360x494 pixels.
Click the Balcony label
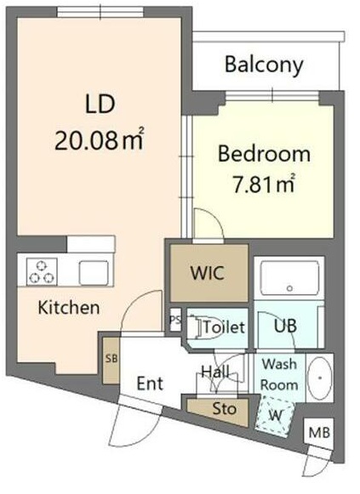coord(264,65)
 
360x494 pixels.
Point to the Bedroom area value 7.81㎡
coord(264,184)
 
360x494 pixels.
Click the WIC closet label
coord(208,273)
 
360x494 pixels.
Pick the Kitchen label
coord(69,307)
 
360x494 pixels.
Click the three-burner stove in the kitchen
coord(42,271)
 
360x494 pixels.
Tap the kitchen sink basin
coord(94,273)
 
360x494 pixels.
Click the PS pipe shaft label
coord(175,320)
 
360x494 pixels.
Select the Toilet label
coord(224,327)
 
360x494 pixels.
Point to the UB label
coord(285,326)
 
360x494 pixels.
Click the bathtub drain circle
coord(289,288)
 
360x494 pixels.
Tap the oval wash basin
coord(320,378)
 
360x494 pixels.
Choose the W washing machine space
coord(275,416)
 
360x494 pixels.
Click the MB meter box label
coord(319,433)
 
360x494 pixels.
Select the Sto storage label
coord(225,409)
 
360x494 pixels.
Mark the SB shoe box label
coord(111,358)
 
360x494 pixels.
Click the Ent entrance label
coord(150,383)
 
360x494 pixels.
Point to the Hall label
coord(215,372)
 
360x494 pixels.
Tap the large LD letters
coord(100,105)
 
